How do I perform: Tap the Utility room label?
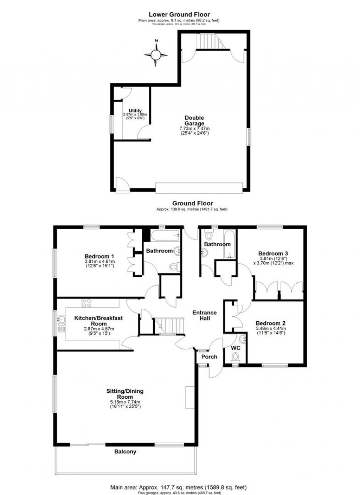click(135, 111)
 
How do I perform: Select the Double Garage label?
click(194, 121)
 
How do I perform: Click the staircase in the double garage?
click(210, 41)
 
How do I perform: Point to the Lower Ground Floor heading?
click(179, 14)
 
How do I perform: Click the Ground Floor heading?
click(192, 203)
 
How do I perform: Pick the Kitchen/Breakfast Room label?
click(98, 321)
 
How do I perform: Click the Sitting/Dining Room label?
click(125, 394)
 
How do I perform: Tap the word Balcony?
click(125, 452)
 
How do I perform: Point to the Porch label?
click(209, 357)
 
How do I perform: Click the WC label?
click(236, 348)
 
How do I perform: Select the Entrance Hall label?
click(205, 315)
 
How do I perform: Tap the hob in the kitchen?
click(86, 302)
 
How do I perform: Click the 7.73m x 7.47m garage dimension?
click(194, 129)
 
